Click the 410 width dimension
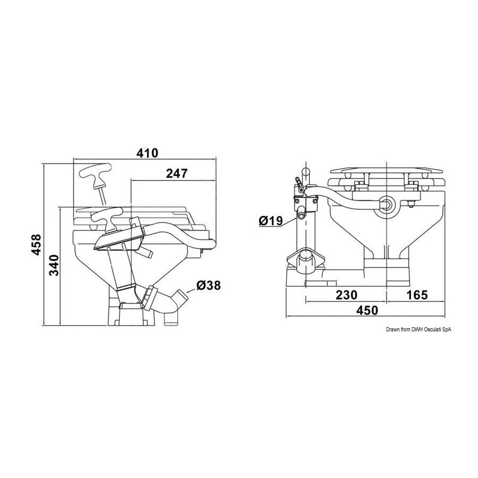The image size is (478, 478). point(147,153)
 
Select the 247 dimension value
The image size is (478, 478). point(176,173)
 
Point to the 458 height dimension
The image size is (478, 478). point(36,244)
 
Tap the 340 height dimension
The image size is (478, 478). point(54,266)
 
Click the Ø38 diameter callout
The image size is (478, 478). point(209,285)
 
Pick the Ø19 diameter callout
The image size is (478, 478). point(271,220)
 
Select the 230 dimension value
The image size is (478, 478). point(346,295)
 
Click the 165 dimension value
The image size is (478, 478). point(417,295)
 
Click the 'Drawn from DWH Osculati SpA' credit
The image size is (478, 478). point(419,329)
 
